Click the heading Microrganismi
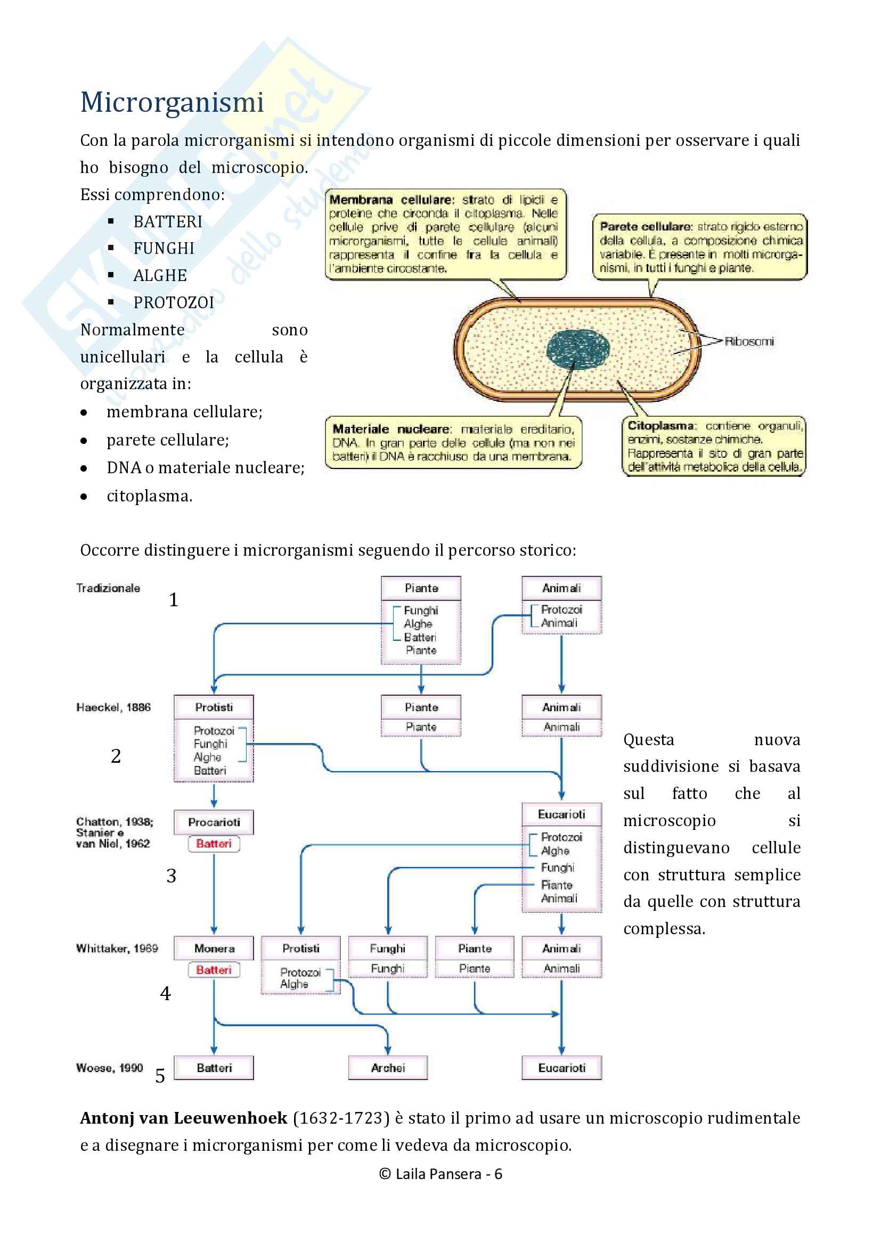172,102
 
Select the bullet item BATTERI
168,222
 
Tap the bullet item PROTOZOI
174,302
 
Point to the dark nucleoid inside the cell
578,349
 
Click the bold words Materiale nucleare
390,429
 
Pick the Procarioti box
214,822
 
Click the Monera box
214,949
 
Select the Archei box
388,1068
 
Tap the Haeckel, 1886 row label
113,707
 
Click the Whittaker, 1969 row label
117,949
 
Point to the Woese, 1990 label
109,1068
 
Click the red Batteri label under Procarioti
214,844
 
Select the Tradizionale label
108,588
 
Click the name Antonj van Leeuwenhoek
183,1118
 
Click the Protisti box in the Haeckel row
214,707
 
